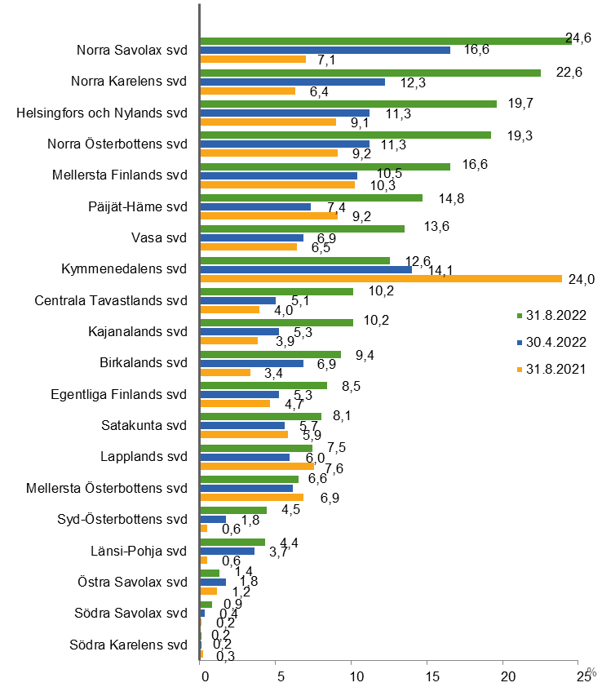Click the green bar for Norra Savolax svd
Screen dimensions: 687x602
pyautogui.click(x=383, y=41)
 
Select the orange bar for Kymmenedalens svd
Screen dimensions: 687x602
pyautogui.click(x=381, y=278)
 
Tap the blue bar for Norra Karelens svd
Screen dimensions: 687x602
pyautogui.click(x=292, y=82)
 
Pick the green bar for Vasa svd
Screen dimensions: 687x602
pyautogui.click(x=302, y=228)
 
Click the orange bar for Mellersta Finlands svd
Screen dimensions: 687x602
pyautogui.click(x=277, y=184)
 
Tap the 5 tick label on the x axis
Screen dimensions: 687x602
pyautogui.click(x=277, y=676)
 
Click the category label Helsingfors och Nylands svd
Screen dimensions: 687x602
pyautogui.click(x=102, y=113)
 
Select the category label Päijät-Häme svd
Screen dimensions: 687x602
pyautogui.click(x=141, y=206)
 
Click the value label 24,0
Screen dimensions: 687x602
pyautogui.click(x=582, y=279)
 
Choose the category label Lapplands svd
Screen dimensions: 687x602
pyautogui.click(x=144, y=457)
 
